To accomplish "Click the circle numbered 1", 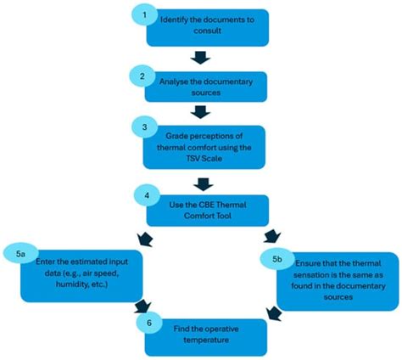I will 145,16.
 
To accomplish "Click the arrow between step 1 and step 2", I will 200,58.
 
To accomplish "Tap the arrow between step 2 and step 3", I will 200,111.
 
